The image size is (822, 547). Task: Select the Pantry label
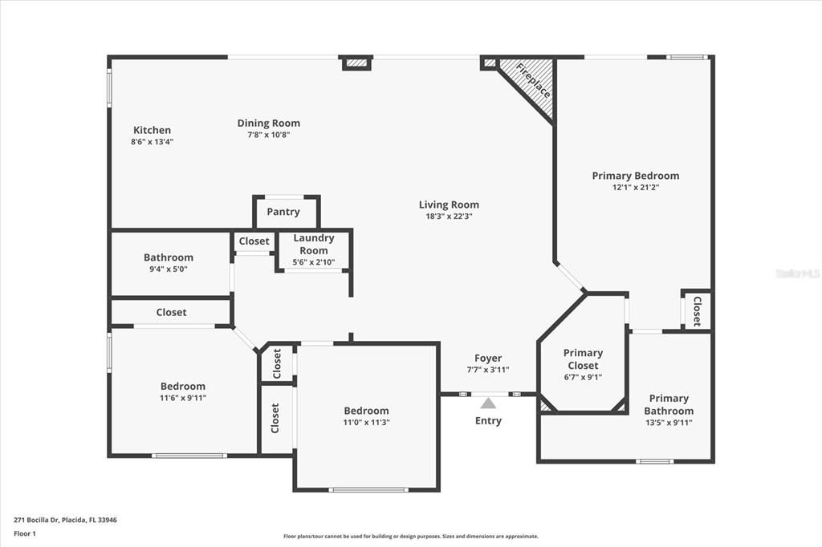pyautogui.click(x=283, y=213)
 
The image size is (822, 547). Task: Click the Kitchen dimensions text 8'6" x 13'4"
pyautogui.click(x=153, y=142)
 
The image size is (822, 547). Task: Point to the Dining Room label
pyautogui.click(x=268, y=123)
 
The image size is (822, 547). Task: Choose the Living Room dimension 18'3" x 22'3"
pyautogui.click(x=449, y=216)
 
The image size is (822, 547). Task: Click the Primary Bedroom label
pyautogui.click(x=635, y=176)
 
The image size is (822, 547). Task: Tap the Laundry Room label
pyautogui.click(x=313, y=244)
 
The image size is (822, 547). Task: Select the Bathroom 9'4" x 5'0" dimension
pyautogui.click(x=169, y=269)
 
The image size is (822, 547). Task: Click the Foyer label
pyautogui.click(x=488, y=359)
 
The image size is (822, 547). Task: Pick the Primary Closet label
pyautogui.click(x=583, y=359)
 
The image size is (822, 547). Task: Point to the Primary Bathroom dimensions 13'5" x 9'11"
pyautogui.click(x=669, y=423)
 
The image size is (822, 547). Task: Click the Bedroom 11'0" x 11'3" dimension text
pyautogui.click(x=366, y=423)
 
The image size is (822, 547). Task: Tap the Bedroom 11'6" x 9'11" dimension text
pyautogui.click(x=183, y=398)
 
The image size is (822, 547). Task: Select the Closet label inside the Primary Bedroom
pyautogui.click(x=697, y=311)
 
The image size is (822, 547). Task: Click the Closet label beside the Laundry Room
pyautogui.click(x=254, y=241)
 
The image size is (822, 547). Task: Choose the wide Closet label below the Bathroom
pyautogui.click(x=171, y=312)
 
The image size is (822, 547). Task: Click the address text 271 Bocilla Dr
pyautogui.click(x=65, y=520)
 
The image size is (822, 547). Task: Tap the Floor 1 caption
pyautogui.click(x=25, y=533)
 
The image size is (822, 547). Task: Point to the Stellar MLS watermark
pyautogui.click(x=798, y=273)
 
